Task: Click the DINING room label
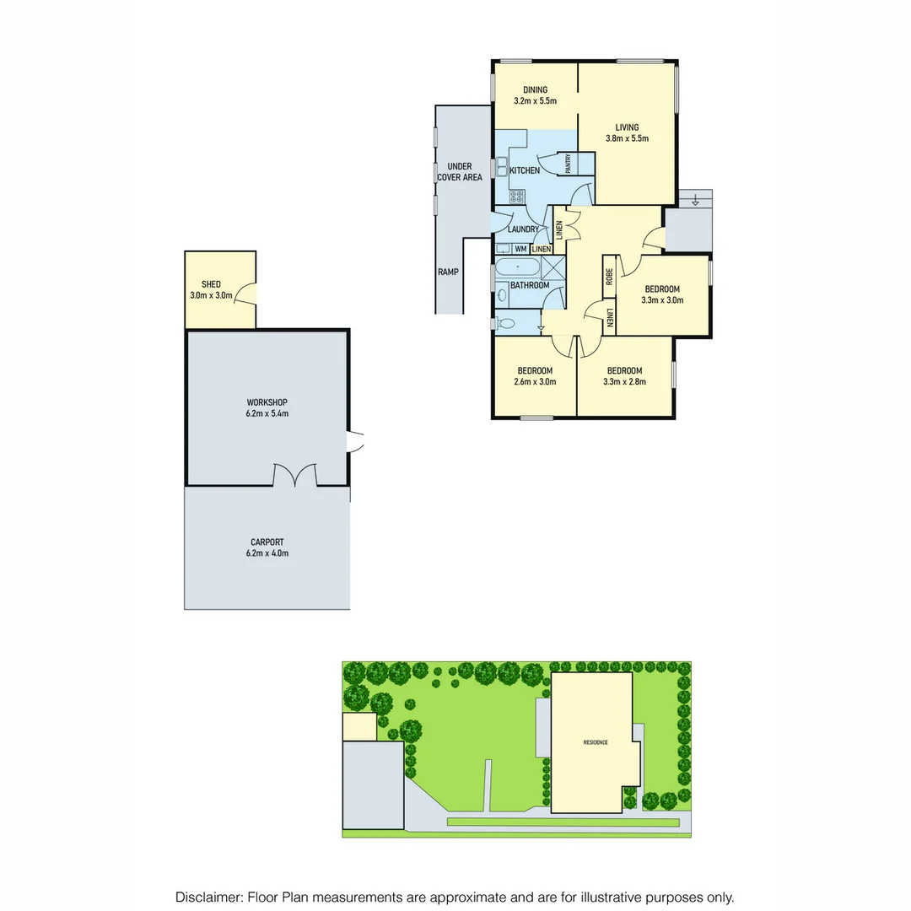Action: pos(535,90)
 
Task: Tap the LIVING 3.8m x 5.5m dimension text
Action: pos(627,139)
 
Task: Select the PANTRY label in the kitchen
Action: pos(569,163)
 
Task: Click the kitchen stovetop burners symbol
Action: pos(516,197)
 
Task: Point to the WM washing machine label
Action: pos(520,249)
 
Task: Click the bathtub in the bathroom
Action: pos(517,267)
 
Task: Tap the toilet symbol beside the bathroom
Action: pos(504,322)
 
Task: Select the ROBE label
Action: pos(608,278)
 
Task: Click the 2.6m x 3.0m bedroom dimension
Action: pos(535,382)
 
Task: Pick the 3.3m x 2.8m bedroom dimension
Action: pos(624,382)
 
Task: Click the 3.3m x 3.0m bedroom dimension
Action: pos(662,300)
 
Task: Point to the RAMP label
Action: pos(448,272)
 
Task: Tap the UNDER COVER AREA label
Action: pos(460,172)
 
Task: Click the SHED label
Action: pos(211,284)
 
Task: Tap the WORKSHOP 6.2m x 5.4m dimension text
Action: pos(267,413)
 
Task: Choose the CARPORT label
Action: pos(267,542)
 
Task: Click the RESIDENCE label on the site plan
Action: pos(596,742)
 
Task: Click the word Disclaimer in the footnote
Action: pos(208,898)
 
